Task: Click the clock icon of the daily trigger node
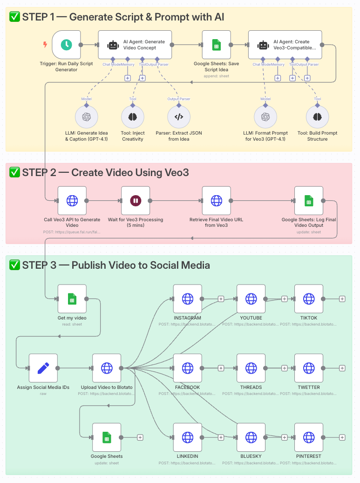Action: pyautogui.click(x=67, y=45)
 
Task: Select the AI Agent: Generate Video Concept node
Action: pyautogui.click(x=135, y=45)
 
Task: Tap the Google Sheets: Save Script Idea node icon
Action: pyautogui.click(x=217, y=45)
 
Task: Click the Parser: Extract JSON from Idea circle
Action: pyautogui.click(x=178, y=117)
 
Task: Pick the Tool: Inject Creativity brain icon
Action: pyautogui.click(x=133, y=117)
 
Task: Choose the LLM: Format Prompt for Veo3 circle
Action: pyautogui.click(x=265, y=117)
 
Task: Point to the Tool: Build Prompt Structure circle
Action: pyautogui.click(x=318, y=117)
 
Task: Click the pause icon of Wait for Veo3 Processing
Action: pyautogui.click(x=136, y=201)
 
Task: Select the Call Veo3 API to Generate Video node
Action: pyautogui.click(x=72, y=201)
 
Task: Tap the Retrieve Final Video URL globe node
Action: pyautogui.click(x=217, y=201)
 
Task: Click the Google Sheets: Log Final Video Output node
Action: pyautogui.click(x=309, y=201)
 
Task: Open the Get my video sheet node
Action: pyautogui.click(x=72, y=299)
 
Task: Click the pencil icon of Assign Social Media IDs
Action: pyautogui.click(x=43, y=368)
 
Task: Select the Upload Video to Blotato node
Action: pyautogui.click(x=107, y=368)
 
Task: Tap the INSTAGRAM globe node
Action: pyautogui.click(x=188, y=299)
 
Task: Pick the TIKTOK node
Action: pyautogui.click(x=309, y=299)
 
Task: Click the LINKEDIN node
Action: pyautogui.click(x=188, y=437)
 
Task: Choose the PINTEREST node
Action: pyautogui.click(x=309, y=437)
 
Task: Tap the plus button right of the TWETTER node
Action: pyautogui.click(x=342, y=368)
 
